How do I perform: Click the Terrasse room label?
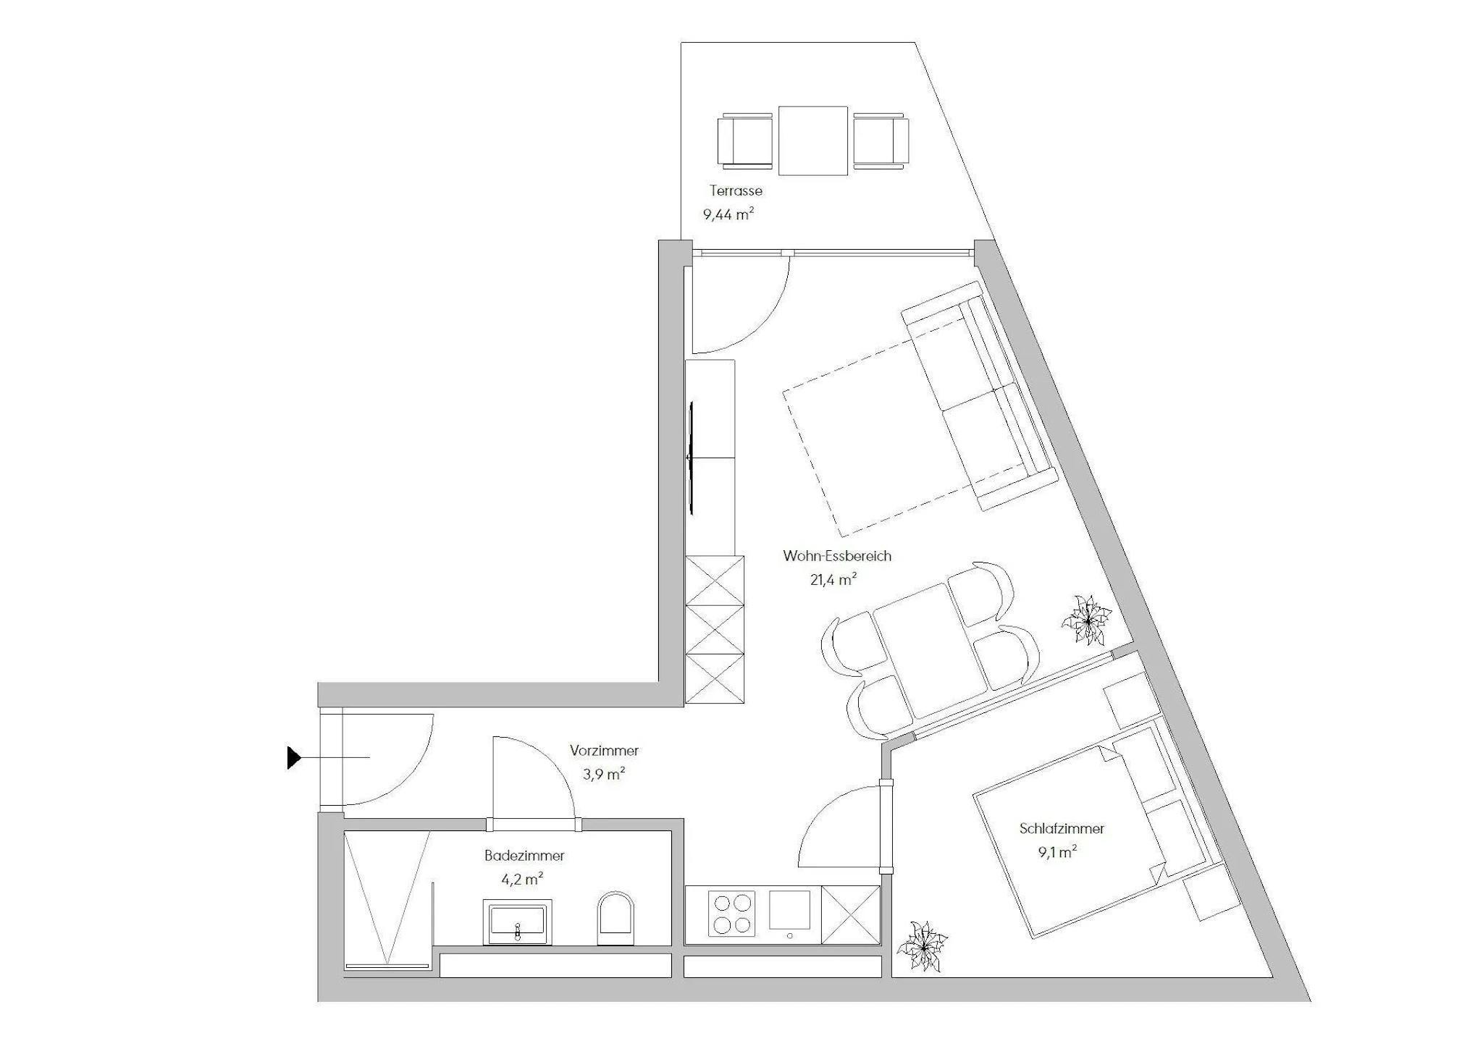tap(736, 191)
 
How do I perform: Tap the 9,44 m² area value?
tap(728, 214)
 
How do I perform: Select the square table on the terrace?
tap(812, 140)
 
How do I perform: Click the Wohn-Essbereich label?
tap(837, 556)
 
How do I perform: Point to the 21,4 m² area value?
tap(834, 579)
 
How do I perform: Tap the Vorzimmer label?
tap(604, 751)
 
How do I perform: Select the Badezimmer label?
tap(524, 856)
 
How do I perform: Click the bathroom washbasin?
tap(517, 922)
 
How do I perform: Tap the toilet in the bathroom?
tap(616, 918)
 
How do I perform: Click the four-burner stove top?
tap(731, 914)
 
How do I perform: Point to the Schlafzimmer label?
tap(1062, 829)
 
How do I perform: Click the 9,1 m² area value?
tap(1057, 852)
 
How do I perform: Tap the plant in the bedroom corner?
tap(923, 946)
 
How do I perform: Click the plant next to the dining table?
tap(1086, 620)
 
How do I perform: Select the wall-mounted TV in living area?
tap(692, 459)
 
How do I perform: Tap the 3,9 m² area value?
tap(604, 774)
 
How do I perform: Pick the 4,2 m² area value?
tap(522, 879)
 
